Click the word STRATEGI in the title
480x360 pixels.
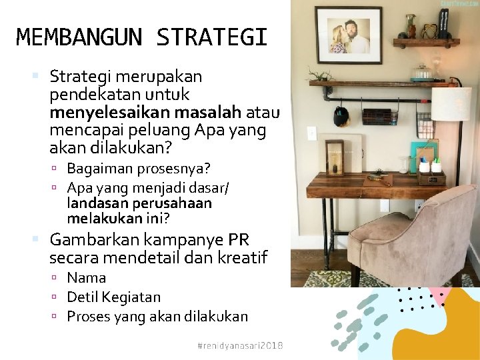point(212,37)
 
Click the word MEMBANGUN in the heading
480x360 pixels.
point(79,37)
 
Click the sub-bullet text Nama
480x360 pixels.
point(87,277)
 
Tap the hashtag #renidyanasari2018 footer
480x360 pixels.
point(241,345)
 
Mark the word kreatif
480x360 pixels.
point(243,257)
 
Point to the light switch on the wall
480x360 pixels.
point(311,133)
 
